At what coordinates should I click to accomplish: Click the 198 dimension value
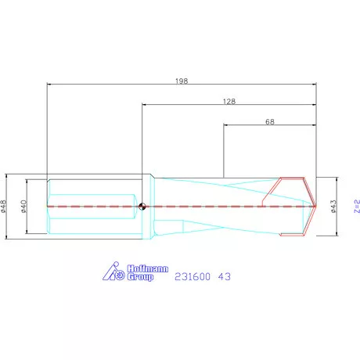click(182, 81)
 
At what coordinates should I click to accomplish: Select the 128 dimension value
click(229, 101)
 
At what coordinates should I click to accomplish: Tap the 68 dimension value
click(270, 121)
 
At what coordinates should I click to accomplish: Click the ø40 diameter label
click(24, 207)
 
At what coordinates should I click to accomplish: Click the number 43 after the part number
click(224, 276)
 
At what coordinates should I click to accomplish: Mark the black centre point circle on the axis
click(142, 207)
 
